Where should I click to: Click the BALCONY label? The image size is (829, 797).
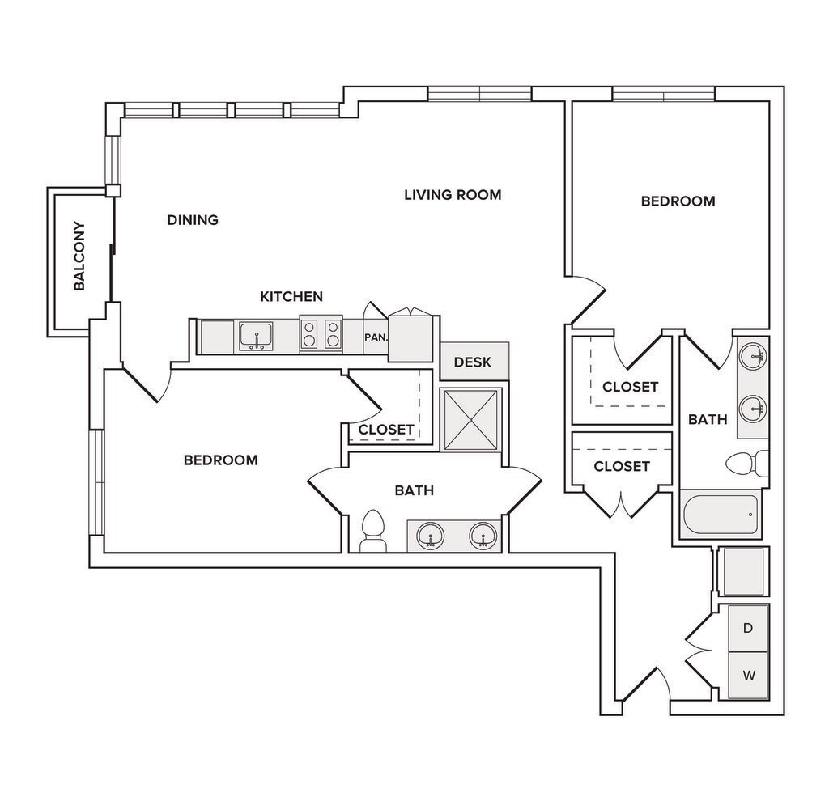79,256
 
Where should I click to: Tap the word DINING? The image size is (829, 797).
193,220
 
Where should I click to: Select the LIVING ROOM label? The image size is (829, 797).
453,195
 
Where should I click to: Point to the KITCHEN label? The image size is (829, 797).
291,296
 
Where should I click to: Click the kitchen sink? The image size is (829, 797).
256,337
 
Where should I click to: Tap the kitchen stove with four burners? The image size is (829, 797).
321,334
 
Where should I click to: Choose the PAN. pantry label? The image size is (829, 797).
376,337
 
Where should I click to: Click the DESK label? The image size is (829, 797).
473,362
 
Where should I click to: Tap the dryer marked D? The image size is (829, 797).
748,629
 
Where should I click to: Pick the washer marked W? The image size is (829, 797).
748,676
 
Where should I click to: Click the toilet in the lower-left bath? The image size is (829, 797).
373,531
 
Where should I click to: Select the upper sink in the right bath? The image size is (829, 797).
754,357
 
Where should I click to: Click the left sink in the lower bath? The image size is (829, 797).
431,536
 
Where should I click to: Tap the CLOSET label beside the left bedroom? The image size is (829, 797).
386,430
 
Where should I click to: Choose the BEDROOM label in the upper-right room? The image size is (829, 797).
678,201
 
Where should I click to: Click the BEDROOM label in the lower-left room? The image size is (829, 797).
221,460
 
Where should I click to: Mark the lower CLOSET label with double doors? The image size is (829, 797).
622,467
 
